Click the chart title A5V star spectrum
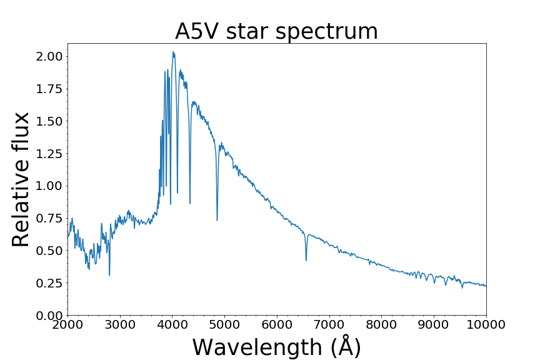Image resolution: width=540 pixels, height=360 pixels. (276, 31)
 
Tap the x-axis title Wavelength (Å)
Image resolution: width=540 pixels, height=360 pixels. (276, 347)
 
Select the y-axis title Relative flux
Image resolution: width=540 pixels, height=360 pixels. (21, 179)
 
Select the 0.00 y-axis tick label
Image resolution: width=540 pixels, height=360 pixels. (48, 316)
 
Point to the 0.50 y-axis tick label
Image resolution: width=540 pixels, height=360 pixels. (48, 251)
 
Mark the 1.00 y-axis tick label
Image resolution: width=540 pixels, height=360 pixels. (48, 186)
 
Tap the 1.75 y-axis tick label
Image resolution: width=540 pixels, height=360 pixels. (48, 89)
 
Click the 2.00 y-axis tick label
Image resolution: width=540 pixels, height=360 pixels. (48, 56)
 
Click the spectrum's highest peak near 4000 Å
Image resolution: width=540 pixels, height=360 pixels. (173, 52)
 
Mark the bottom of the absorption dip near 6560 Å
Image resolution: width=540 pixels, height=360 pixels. (306, 260)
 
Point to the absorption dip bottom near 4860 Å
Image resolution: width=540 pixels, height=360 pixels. (217, 220)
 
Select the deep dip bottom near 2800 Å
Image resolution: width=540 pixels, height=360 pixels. (109, 275)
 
